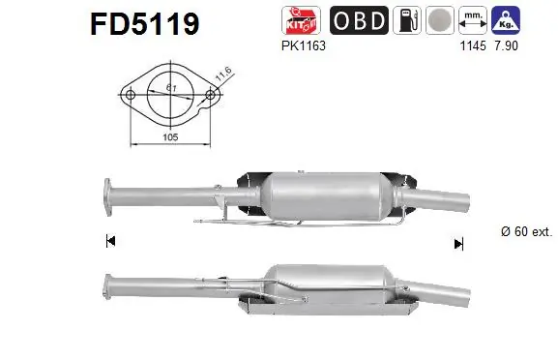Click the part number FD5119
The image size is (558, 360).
click(x=144, y=22)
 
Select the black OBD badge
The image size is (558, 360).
click(x=361, y=21)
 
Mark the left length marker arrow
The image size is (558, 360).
click(x=110, y=241)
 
